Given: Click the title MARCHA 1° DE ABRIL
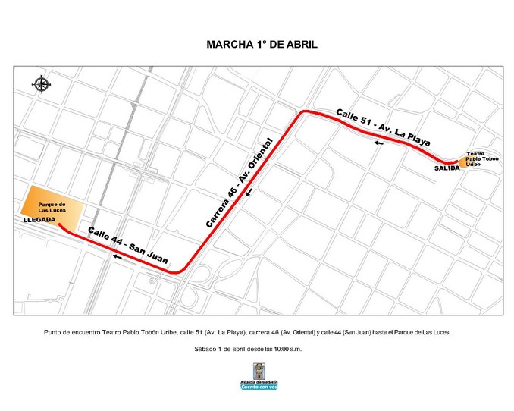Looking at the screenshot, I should (262, 44).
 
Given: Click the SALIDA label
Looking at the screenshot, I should (447, 168).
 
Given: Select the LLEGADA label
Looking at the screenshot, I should (39, 219).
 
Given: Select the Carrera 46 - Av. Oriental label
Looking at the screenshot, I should (238, 183).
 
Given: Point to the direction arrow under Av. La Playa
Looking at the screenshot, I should (377, 141).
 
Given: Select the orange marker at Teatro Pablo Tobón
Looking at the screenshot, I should (462, 162).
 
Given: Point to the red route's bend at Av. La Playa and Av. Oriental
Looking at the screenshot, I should (302, 113).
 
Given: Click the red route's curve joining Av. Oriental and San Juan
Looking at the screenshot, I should (178, 271).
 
